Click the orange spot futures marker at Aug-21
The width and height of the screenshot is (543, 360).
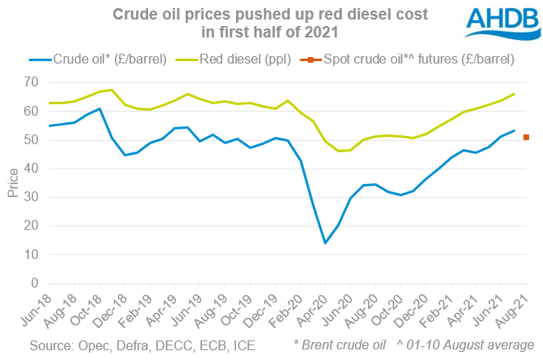pyautogui.click(x=527, y=138)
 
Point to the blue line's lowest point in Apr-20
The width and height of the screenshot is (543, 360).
pyautogui.click(x=326, y=243)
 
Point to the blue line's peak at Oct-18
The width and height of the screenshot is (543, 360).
pyautogui.click(x=99, y=108)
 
